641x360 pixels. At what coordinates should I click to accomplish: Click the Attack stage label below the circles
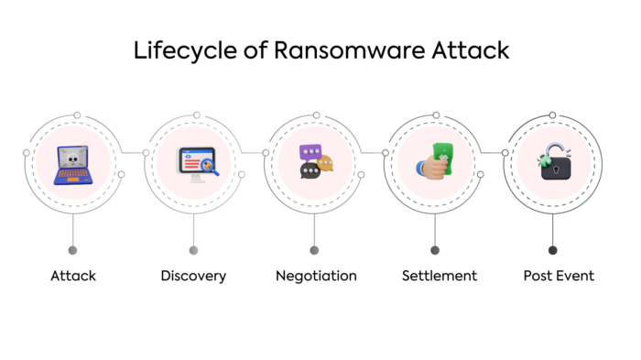point(73,276)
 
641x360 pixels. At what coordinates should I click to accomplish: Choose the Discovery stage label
point(193,276)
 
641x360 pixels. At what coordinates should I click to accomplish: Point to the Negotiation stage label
point(316,276)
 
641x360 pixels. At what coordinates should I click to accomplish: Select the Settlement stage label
point(440,276)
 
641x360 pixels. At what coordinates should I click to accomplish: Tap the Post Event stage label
point(558,276)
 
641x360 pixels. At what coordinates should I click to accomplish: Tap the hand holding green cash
point(436,165)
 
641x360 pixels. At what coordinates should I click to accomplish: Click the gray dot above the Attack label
point(72,249)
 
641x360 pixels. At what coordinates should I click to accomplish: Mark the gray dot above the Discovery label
point(193,249)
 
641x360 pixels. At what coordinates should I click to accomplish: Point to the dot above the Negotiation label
point(314,249)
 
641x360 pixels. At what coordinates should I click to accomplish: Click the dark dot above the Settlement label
point(435,249)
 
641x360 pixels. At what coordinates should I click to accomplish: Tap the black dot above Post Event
point(552,249)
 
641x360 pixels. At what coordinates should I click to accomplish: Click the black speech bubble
point(310,172)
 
